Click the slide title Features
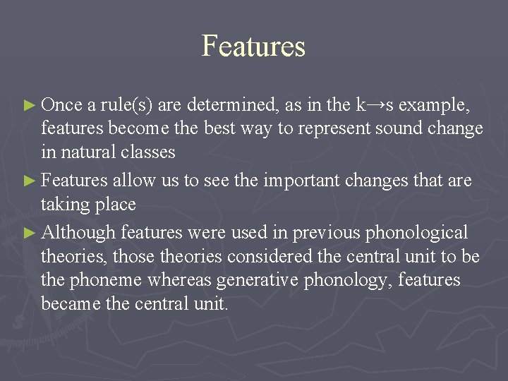(x=253, y=47)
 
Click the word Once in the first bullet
(x=62, y=105)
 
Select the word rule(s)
(x=126, y=106)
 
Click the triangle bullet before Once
(x=29, y=106)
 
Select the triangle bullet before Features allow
(x=29, y=181)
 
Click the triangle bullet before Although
(x=29, y=232)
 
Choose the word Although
(x=78, y=232)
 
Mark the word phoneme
(x=106, y=280)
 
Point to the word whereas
(x=179, y=280)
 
